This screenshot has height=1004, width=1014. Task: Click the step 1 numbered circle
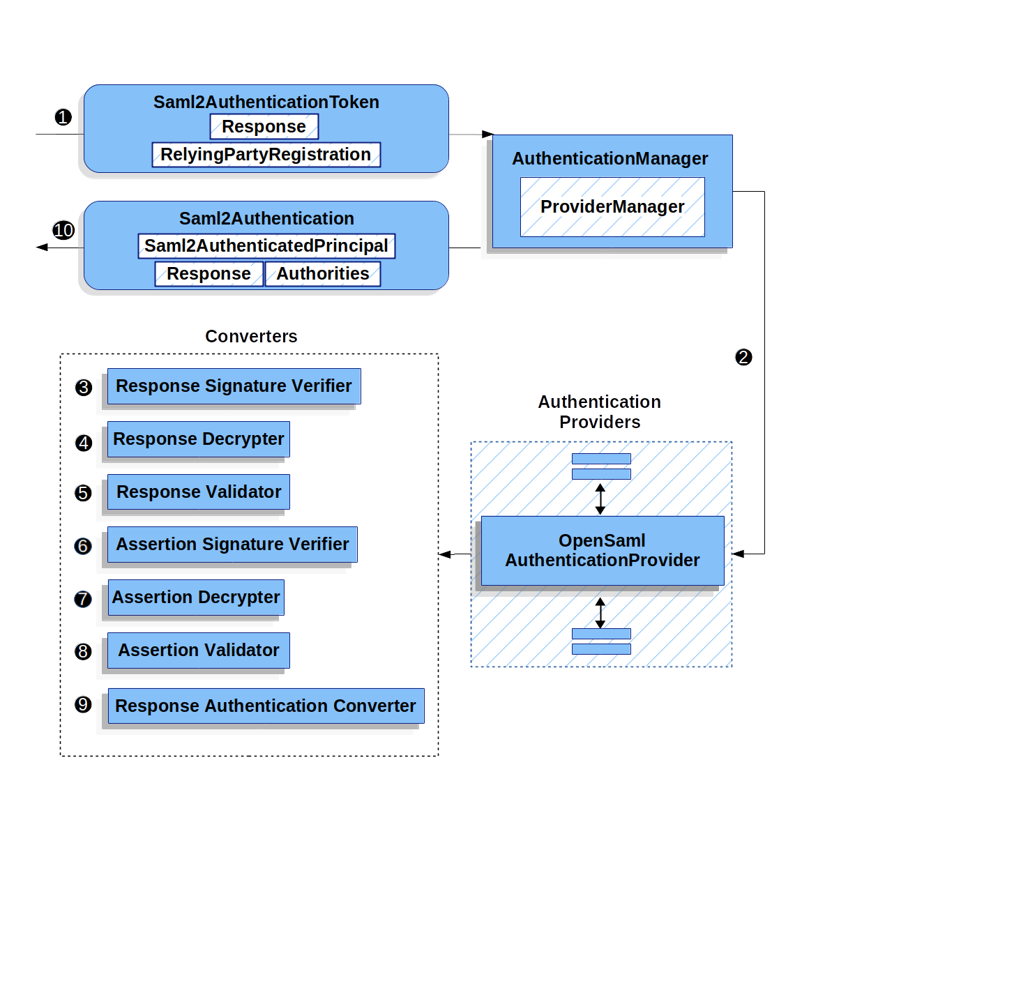[63, 117]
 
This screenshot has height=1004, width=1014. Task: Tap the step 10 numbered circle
[63, 230]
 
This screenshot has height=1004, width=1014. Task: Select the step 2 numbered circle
[743, 357]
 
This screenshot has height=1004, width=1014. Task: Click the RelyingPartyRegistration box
[266, 155]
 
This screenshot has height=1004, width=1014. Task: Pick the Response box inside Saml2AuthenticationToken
[264, 127]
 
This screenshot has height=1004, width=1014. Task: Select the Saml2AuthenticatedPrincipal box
[266, 246]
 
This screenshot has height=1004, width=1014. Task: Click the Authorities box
[323, 274]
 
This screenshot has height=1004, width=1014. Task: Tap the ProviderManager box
[612, 207]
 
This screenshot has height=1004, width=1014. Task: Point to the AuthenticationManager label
[610, 159]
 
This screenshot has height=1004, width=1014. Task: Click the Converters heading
[251, 336]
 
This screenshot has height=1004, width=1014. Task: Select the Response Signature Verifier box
[234, 386]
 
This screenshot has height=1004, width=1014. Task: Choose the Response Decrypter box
[199, 439]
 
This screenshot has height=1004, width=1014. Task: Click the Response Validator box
[199, 492]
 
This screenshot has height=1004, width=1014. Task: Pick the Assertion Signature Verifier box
[232, 545]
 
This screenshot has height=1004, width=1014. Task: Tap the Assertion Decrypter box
[196, 598]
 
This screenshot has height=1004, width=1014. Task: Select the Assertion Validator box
[199, 651]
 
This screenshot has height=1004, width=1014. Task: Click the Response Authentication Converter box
[266, 706]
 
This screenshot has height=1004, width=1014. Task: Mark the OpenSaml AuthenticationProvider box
[603, 551]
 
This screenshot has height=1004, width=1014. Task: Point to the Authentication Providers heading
[600, 412]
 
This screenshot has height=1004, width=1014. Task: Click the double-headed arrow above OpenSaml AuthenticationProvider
[600, 499]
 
